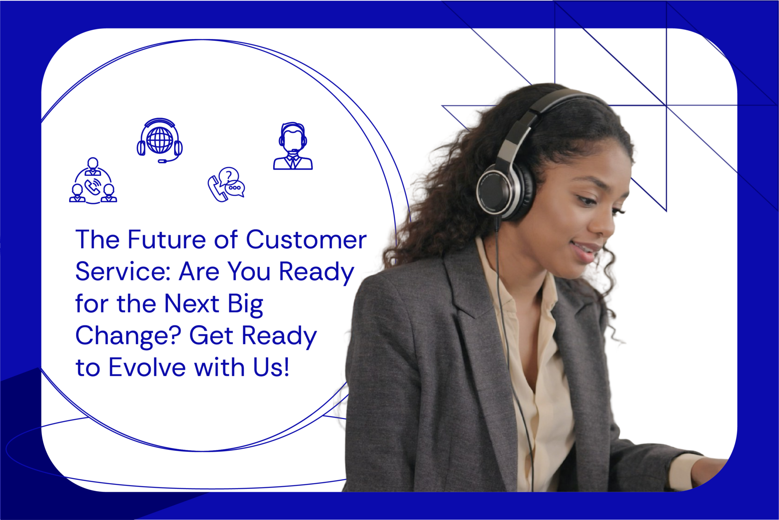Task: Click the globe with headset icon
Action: pyautogui.click(x=160, y=140)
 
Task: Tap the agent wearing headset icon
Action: pyautogui.click(x=293, y=146)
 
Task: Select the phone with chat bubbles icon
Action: pyautogui.click(x=226, y=184)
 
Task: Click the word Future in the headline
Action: pyautogui.click(x=167, y=240)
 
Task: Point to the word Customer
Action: pyautogui.click(x=306, y=240)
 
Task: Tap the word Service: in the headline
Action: pyautogui.click(x=123, y=272)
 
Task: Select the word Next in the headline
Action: pyautogui.click(x=192, y=304)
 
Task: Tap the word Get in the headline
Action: pyautogui.click(x=211, y=336)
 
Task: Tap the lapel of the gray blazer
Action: pyautogui.click(x=468, y=289)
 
